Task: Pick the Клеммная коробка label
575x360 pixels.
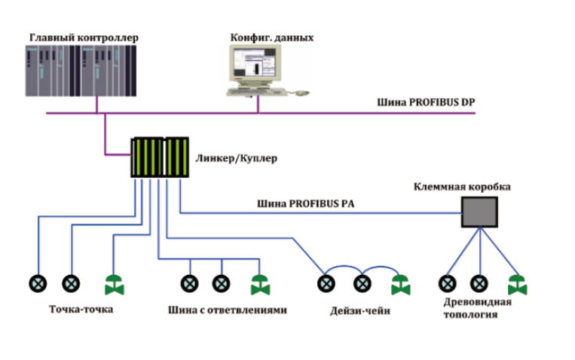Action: (461, 186)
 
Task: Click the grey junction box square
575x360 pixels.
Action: (479, 213)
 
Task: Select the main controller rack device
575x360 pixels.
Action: (82, 69)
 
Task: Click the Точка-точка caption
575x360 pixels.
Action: (81, 309)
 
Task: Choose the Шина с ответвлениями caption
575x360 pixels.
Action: (228, 310)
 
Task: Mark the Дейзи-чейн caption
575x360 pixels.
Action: (359, 310)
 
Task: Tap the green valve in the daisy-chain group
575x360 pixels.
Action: (399, 285)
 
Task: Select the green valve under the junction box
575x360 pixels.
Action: (517, 285)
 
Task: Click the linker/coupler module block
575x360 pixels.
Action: (160, 157)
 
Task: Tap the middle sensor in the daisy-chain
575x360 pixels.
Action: (362, 284)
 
